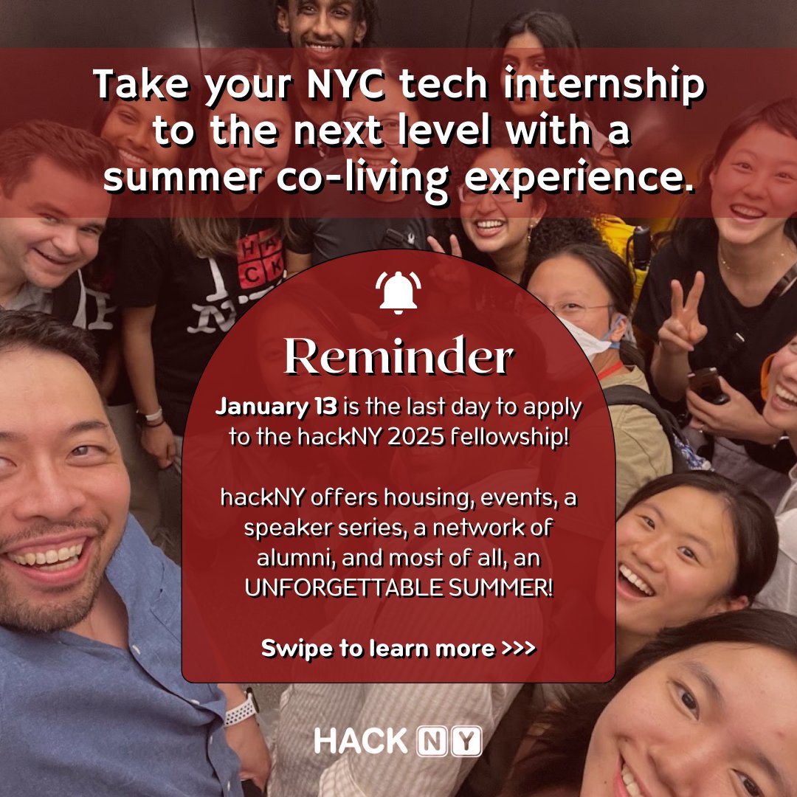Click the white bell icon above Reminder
(x=398, y=292)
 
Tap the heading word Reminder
(x=398, y=358)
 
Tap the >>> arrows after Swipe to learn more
(x=518, y=649)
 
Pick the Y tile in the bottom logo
(x=466, y=741)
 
